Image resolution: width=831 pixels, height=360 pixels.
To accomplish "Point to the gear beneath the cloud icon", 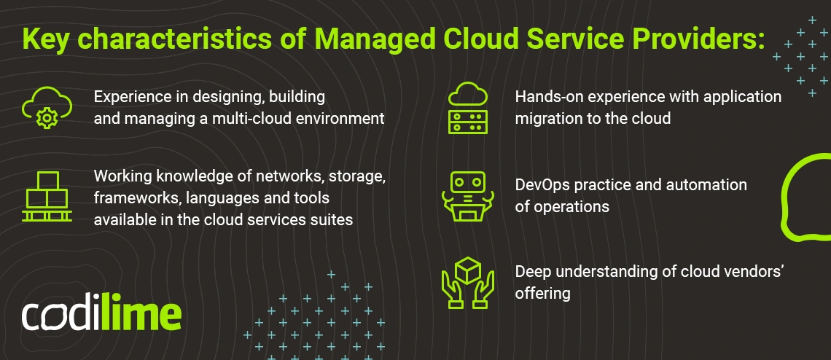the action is (46, 118).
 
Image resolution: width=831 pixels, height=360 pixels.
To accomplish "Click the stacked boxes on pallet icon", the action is (47, 196).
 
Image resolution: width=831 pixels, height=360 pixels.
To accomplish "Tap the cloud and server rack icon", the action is (467, 108).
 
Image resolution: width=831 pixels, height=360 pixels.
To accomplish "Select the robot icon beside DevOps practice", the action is (467, 196).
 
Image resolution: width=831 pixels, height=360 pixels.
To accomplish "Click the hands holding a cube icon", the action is (467, 283).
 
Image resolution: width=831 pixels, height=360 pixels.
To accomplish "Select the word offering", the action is (542, 293).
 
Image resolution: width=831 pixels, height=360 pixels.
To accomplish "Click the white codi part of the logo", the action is (61, 316).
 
